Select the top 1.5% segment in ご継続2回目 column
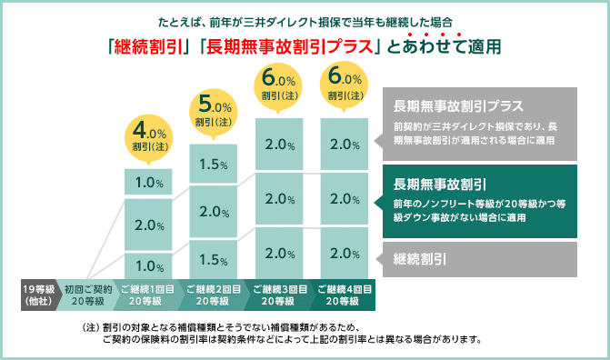point(212,164)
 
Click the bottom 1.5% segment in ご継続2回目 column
point(212,258)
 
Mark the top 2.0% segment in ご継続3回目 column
point(279,144)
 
